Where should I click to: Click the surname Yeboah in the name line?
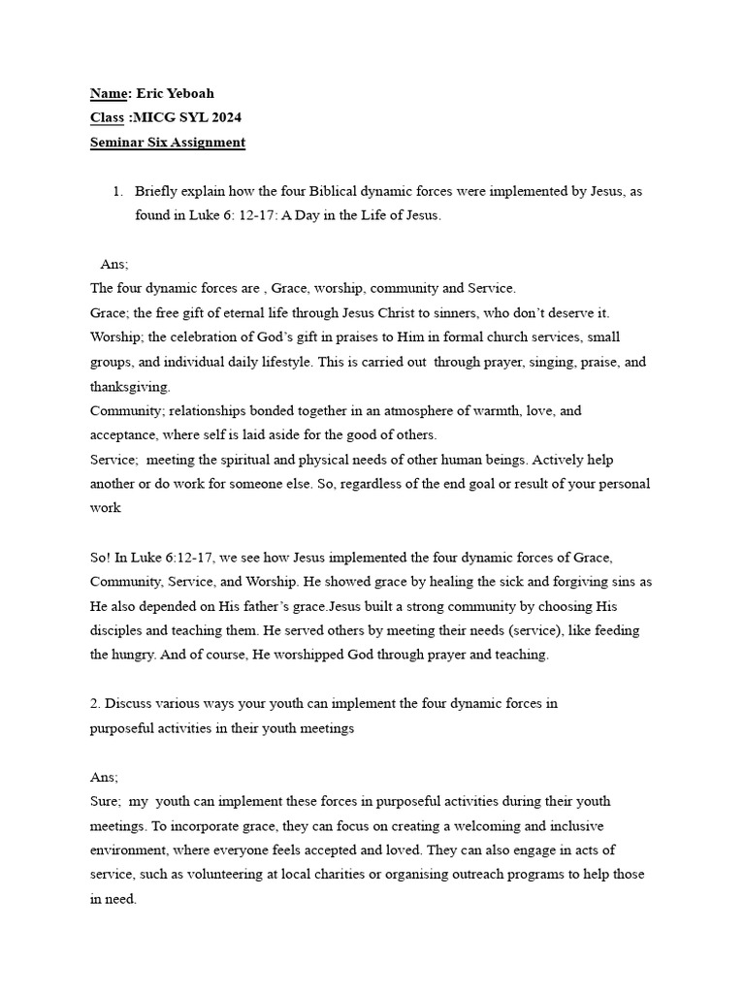[x=186, y=93]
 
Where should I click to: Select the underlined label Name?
[x=108, y=93]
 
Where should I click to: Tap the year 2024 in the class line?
[x=222, y=117]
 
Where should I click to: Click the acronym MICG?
[x=150, y=117]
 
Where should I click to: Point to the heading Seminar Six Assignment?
[x=167, y=143]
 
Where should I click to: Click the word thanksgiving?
[x=129, y=386]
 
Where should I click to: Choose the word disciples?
[x=117, y=629]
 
